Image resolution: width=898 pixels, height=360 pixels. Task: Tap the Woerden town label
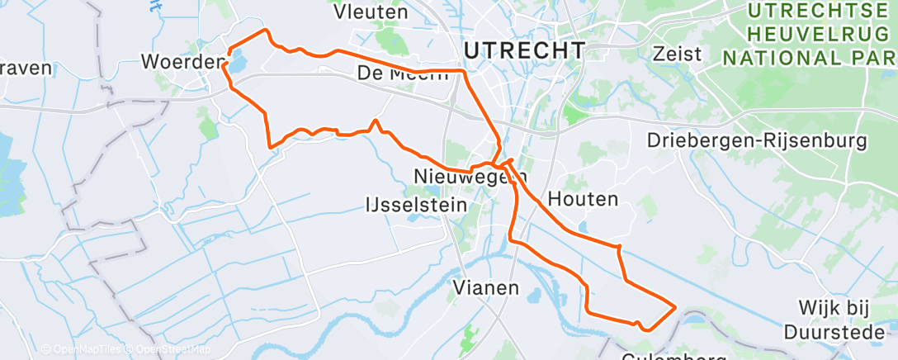(x=182, y=61)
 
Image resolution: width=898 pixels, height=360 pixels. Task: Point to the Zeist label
(x=676, y=54)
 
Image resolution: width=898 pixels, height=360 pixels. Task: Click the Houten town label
(x=583, y=199)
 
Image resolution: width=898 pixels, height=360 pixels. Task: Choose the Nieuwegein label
(x=470, y=176)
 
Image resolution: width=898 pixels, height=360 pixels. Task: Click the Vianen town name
(x=487, y=288)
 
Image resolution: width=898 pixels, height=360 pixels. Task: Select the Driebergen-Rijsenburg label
(x=758, y=141)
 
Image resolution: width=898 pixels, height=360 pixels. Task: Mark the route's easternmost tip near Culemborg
(x=676, y=307)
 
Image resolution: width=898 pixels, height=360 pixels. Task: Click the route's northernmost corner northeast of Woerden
(x=266, y=30)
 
